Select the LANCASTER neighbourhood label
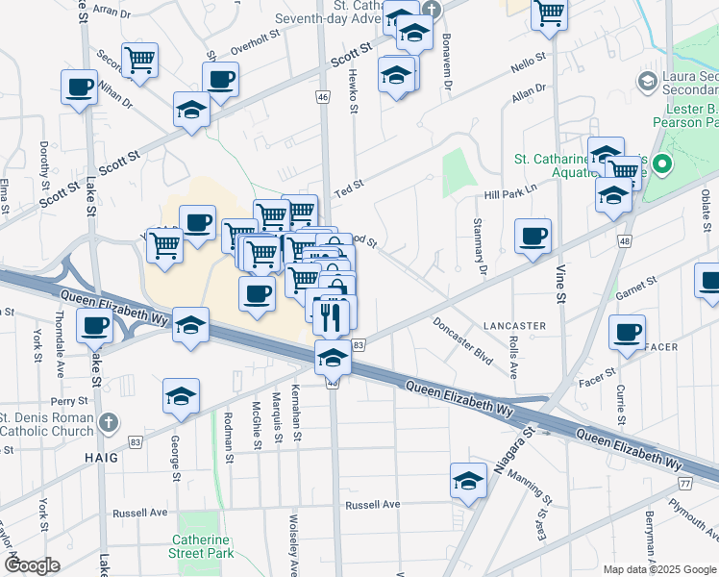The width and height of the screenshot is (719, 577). pyautogui.click(x=515, y=326)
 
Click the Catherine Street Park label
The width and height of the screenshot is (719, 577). pyautogui.click(x=203, y=546)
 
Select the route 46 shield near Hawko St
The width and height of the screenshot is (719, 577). pyautogui.click(x=323, y=97)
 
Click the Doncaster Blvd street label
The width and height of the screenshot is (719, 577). pyautogui.click(x=462, y=340)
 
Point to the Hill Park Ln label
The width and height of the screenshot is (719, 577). pyautogui.click(x=509, y=194)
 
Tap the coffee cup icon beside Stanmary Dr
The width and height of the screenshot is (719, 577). pyautogui.click(x=532, y=236)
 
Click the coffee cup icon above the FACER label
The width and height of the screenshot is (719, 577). pyautogui.click(x=627, y=333)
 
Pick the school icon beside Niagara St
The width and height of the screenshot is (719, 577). pyautogui.click(x=468, y=481)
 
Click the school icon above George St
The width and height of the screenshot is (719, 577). pyautogui.click(x=181, y=396)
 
